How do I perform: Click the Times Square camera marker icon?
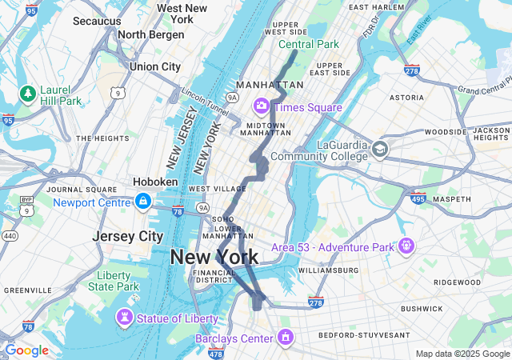[x=262, y=106]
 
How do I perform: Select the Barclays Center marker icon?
[x=284, y=338]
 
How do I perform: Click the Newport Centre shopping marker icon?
[x=143, y=202]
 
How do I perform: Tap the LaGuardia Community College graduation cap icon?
[x=379, y=148]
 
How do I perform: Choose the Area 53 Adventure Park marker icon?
[x=406, y=245]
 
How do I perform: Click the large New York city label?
[x=214, y=257]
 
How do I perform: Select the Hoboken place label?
[x=155, y=182]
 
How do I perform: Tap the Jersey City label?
[x=127, y=236]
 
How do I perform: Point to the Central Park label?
[x=308, y=45]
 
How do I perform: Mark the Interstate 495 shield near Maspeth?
[x=418, y=197]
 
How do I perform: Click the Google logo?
[x=26, y=350]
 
